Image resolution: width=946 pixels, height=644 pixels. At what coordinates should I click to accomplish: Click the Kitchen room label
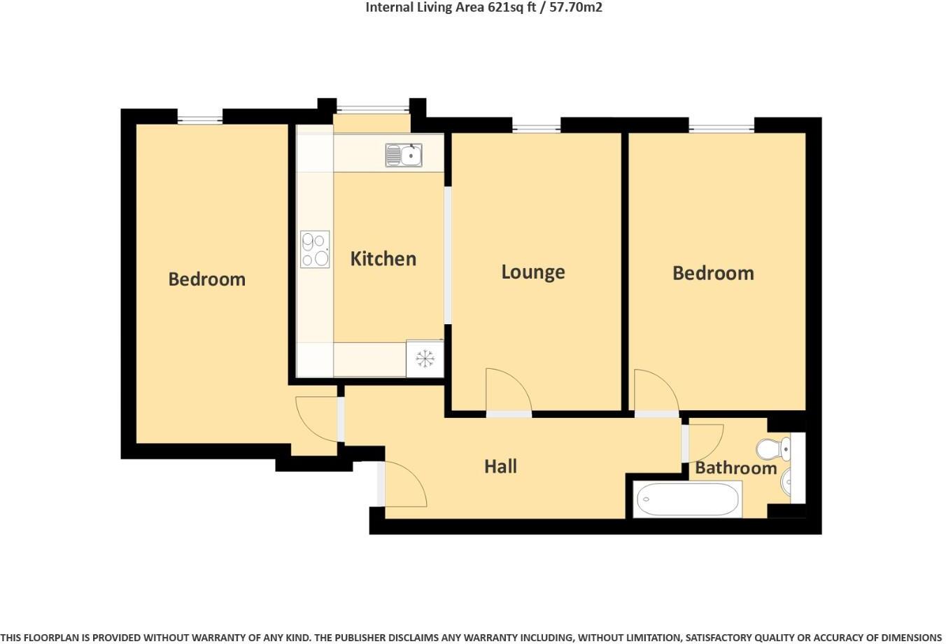click(383, 258)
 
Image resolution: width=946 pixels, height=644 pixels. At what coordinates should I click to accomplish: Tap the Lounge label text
click(532, 272)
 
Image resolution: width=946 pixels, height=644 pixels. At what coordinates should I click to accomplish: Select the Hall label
click(500, 466)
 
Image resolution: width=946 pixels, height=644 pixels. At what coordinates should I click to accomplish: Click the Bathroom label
click(735, 468)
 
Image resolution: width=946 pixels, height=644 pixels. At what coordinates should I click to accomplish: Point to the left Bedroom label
click(206, 279)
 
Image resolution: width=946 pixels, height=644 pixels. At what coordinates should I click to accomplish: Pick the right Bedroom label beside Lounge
click(713, 272)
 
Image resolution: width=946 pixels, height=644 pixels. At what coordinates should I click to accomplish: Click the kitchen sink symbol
click(404, 155)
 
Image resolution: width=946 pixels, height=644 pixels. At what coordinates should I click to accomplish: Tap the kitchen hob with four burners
click(315, 249)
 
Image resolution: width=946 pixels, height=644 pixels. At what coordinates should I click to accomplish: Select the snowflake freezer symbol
click(425, 359)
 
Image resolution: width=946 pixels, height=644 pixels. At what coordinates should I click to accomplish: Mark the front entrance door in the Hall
click(404, 484)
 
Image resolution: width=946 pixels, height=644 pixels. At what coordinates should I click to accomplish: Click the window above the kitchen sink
click(372, 108)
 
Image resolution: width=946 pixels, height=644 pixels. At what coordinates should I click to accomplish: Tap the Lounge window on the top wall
click(536, 127)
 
